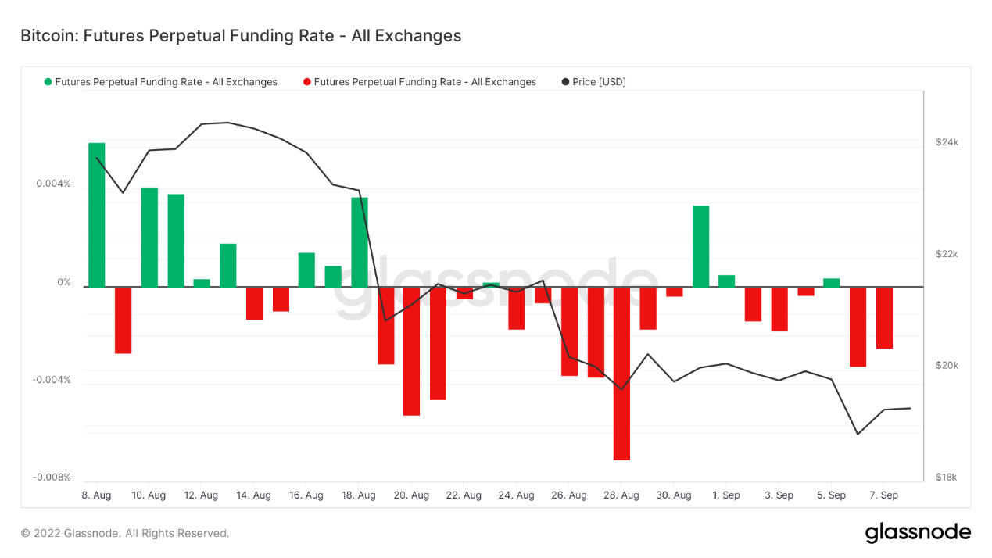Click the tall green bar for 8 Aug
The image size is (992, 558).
pyautogui.click(x=96, y=215)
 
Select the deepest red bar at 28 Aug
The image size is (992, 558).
pyautogui.click(x=621, y=373)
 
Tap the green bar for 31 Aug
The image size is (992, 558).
pyautogui.click(x=700, y=246)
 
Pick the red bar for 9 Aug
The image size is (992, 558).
pyautogui.click(x=123, y=320)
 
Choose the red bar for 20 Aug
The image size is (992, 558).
pyautogui.click(x=411, y=350)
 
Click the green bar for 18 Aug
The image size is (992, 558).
pyautogui.click(x=360, y=241)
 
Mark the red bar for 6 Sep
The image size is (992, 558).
pyautogui.click(x=858, y=326)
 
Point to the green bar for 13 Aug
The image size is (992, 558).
pyautogui.click(x=227, y=265)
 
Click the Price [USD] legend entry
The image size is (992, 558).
pyautogui.click(x=599, y=82)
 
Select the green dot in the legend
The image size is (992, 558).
pyautogui.click(x=48, y=82)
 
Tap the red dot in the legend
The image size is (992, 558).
pyautogui.click(x=307, y=82)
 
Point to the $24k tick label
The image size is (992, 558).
pyautogui.click(x=947, y=142)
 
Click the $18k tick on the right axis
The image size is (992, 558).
pyautogui.click(x=947, y=478)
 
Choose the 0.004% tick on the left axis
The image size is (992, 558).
pyautogui.click(x=53, y=184)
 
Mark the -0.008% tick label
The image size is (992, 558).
pyautogui.click(x=52, y=478)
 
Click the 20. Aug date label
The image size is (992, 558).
pyautogui.click(x=411, y=495)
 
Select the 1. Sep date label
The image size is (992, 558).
pyautogui.click(x=726, y=495)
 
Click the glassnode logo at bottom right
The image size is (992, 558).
pyautogui.click(x=918, y=533)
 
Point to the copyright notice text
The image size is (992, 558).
pyautogui.click(x=125, y=534)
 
